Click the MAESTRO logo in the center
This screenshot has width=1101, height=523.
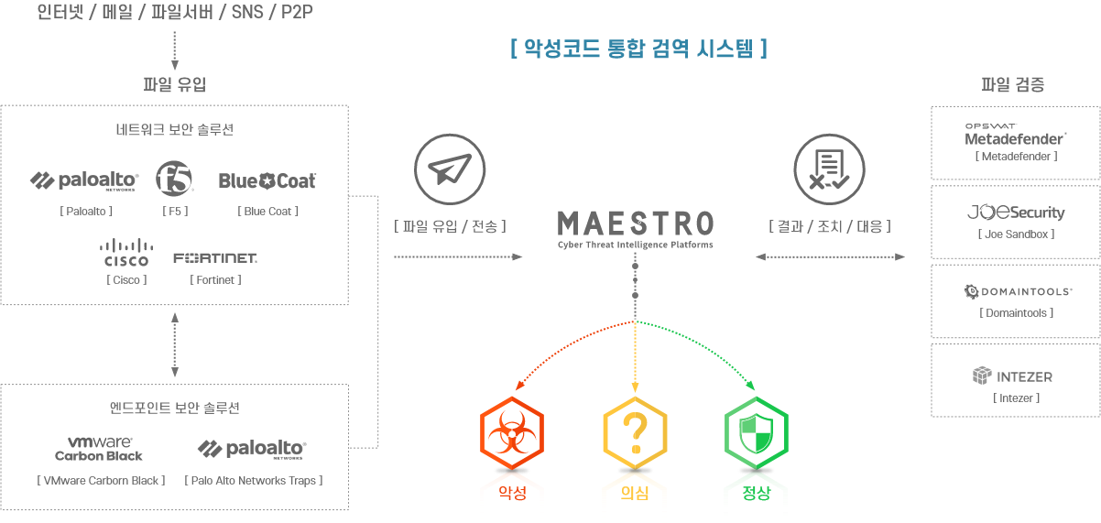click(x=635, y=225)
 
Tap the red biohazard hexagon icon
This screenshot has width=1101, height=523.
click(x=512, y=431)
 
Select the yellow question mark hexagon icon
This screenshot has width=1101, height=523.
click(x=635, y=431)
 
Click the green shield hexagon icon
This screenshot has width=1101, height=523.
click(x=757, y=431)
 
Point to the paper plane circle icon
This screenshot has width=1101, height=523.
click(x=449, y=169)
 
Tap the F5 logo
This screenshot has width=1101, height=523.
click(x=175, y=180)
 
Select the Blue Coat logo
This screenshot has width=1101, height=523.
click(x=267, y=181)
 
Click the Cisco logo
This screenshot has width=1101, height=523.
click(x=126, y=252)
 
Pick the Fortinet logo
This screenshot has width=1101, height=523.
click(x=215, y=257)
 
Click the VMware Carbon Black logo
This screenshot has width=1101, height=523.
click(x=99, y=448)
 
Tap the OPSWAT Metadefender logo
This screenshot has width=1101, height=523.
click(x=1015, y=135)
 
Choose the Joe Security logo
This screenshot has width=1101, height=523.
click(x=1016, y=212)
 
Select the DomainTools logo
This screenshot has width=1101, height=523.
click(x=1018, y=291)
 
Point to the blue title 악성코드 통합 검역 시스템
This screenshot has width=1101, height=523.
click(x=638, y=49)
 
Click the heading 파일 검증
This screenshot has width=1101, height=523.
click(x=1013, y=85)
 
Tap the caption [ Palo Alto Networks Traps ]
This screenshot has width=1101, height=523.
click(x=254, y=480)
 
